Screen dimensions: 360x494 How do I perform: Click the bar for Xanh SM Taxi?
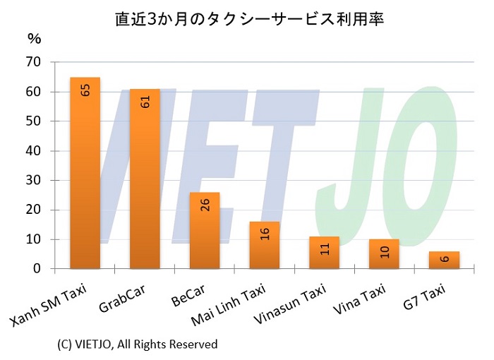[x=85, y=173]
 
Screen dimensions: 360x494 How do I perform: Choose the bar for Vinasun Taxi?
[x=324, y=253]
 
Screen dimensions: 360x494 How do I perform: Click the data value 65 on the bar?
[x=85, y=90]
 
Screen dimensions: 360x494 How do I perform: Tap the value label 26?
[x=205, y=205]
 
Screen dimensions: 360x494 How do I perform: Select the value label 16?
[x=265, y=234]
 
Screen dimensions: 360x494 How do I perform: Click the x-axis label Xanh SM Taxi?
[x=46, y=308]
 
